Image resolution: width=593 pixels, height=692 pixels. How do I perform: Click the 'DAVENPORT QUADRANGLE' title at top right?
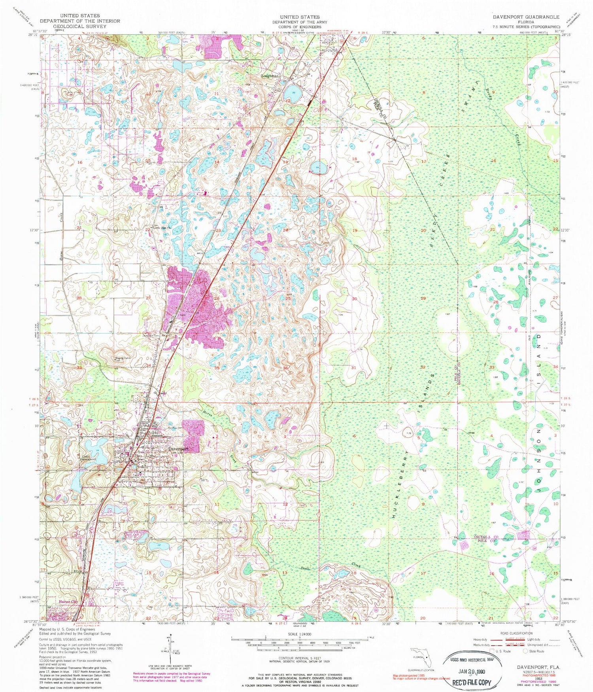525,17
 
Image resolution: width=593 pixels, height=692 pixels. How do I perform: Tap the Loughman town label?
270,76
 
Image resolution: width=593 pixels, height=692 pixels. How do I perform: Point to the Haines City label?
63,602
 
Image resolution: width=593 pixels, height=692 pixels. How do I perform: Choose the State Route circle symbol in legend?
526,651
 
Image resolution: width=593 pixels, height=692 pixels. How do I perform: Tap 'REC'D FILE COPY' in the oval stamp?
470,682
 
